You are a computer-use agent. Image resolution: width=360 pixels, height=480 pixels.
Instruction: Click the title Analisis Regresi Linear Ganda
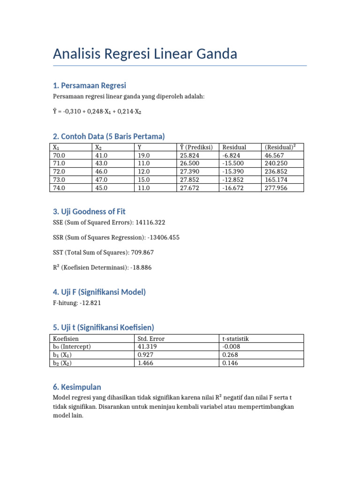(145, 54)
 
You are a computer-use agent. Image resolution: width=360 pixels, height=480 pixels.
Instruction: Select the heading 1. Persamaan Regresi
(90, 85)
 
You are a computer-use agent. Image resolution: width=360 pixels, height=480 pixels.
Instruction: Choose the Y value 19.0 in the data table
(143, 155)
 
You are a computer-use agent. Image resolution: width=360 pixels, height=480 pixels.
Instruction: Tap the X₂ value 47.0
(101, 180)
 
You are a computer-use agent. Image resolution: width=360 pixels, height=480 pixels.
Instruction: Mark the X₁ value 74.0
(60, 187)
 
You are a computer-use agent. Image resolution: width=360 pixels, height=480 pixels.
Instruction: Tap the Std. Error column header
(151, 338)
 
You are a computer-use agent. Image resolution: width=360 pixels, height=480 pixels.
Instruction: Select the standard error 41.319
(147, 346)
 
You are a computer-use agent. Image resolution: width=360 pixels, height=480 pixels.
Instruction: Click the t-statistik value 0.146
(230, 362)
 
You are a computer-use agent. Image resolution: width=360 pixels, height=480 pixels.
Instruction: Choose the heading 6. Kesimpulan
(77, 387)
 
